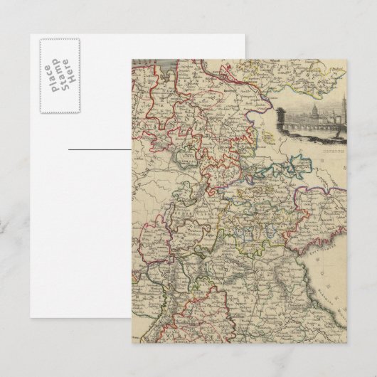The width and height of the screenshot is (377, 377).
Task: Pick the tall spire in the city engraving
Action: (342, 100)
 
